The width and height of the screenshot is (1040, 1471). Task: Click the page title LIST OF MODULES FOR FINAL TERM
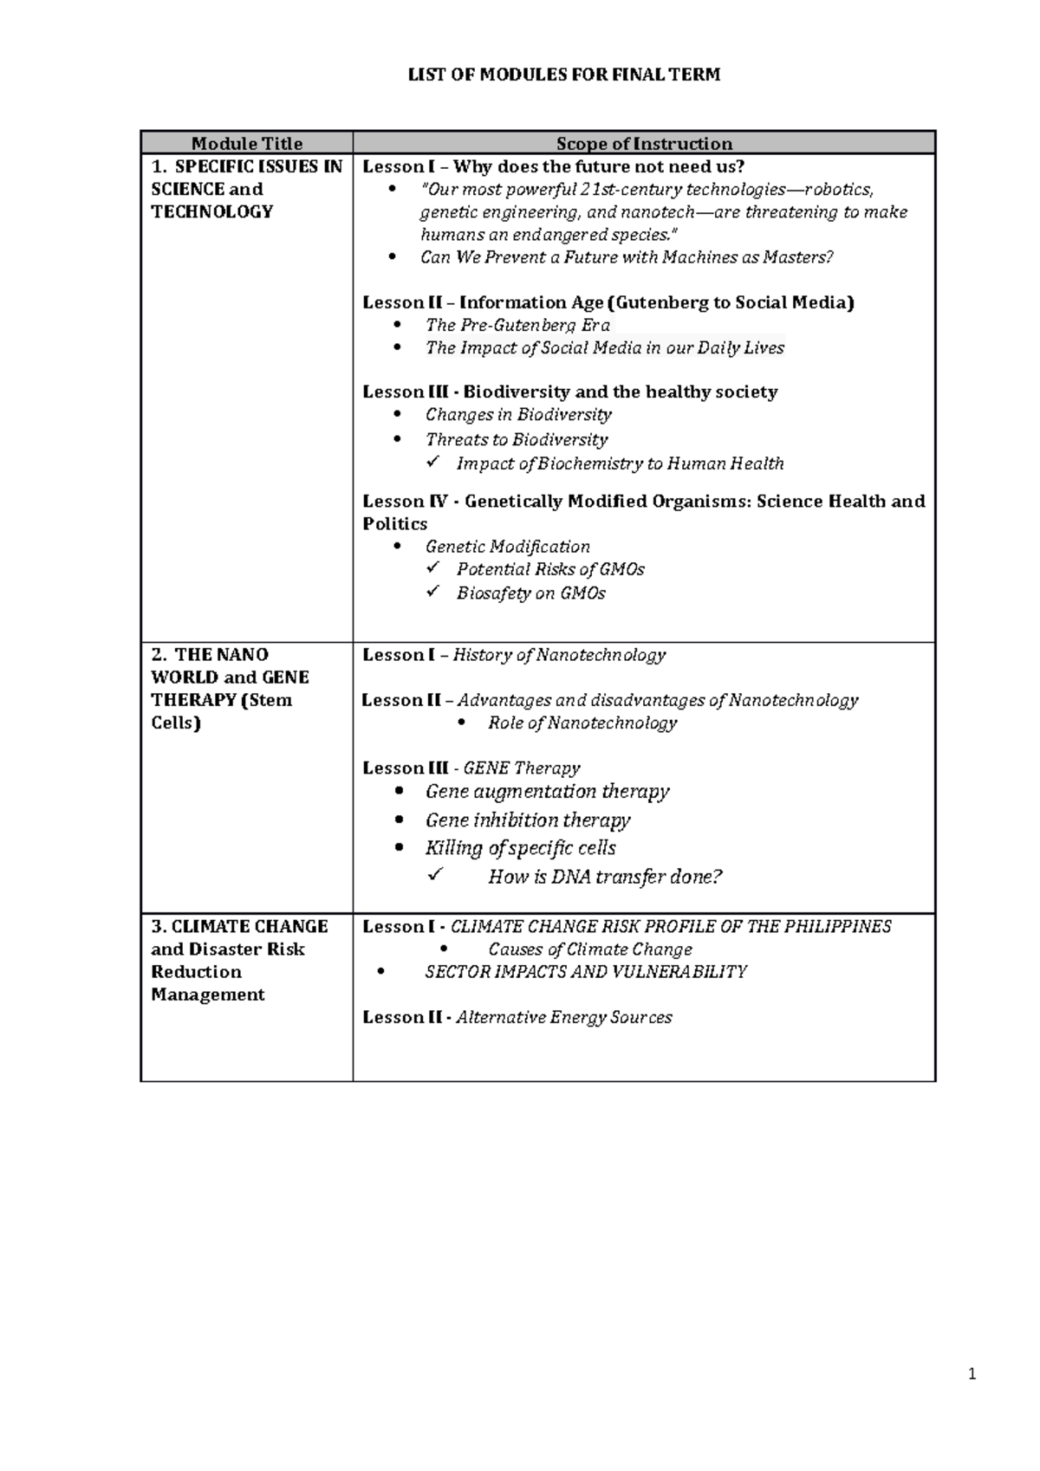(564, 75)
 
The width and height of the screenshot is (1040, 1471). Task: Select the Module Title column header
(247, 144)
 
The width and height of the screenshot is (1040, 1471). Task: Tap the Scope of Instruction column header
(644, 144)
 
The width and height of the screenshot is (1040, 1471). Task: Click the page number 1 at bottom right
(972, 1374)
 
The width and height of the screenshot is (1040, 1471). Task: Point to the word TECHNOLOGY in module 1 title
(212, 212)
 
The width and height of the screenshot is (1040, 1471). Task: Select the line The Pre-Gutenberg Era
(517, 326)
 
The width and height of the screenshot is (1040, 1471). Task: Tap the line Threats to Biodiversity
(517, 440)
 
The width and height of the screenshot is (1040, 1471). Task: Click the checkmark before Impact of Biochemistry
(433, 463)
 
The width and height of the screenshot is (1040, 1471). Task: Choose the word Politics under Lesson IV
(395, 524)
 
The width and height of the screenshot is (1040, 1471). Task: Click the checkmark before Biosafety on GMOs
(433, 593)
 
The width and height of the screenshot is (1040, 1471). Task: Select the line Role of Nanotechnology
(582, 723)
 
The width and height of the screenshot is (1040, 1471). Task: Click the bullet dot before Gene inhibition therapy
(399, 820)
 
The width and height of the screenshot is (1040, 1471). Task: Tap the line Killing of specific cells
(520, 848)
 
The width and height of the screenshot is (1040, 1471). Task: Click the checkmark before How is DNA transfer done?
(435, 876)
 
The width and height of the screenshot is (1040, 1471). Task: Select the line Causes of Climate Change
(590, 949)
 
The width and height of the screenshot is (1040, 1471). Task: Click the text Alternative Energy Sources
(564, 1018)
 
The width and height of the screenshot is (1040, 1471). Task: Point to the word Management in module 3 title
(208, 995)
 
